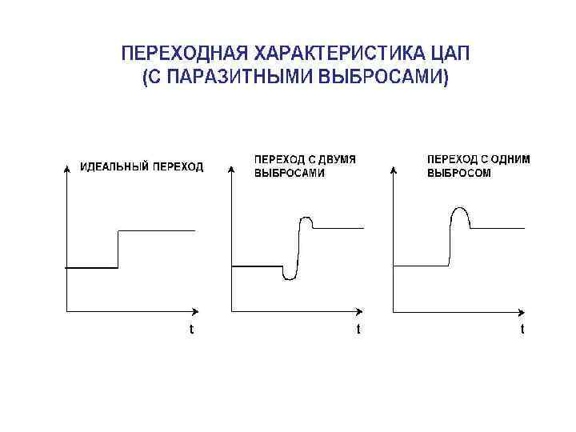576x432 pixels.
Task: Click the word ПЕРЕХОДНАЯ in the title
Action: click(184, 54)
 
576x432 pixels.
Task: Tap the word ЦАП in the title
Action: click(450, 54)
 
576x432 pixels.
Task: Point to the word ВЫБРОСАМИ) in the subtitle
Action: click(384, 78)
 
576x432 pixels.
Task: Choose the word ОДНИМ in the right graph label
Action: click(509, 159)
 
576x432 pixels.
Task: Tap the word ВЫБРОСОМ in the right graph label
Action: click(459, 173)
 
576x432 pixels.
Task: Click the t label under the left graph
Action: click(190, 329)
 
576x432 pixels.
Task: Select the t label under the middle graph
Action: click(358, 329)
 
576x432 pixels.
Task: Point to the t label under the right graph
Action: click(522, 329)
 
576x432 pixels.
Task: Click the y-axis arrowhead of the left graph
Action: click(66, 168)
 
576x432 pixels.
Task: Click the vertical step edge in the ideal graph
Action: click(118, 250)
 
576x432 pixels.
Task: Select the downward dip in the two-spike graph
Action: click(290, 277)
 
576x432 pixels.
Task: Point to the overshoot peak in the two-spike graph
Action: click(305, 217)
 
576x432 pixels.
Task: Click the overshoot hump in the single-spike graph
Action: click(459, 211)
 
